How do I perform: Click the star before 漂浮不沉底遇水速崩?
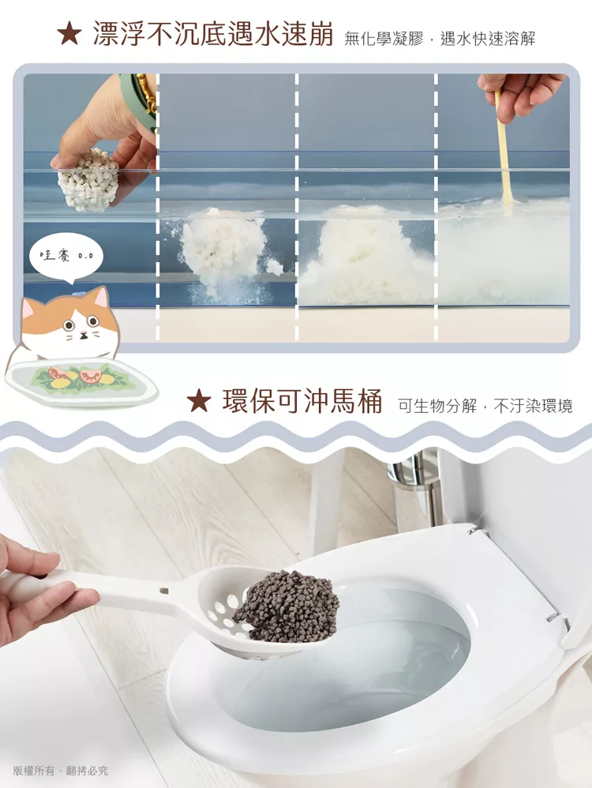coord(69,34)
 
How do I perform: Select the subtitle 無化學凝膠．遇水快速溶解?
coord(440,38)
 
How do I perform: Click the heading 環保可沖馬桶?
coord(302,401)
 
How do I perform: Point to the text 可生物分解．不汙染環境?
coord(485,406)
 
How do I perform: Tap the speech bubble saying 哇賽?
coord(66,257)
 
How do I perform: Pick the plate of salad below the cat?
coord(81,381)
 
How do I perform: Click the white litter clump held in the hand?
coord(88,180)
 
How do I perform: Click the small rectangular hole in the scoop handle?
coord(163,590)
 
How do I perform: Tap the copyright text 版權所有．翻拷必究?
coord(60,771)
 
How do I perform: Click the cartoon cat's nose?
coord(83,332)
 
